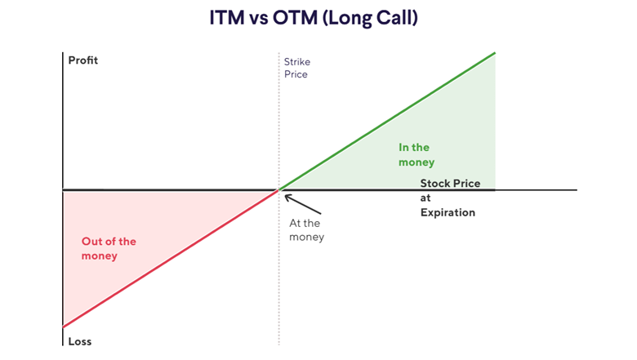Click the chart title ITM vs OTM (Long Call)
318,18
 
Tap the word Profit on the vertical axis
82,60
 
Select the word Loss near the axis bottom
79,342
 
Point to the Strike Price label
296,68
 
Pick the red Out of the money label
109,249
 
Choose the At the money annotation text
306,230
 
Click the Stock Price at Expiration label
449,198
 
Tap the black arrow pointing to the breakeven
299,202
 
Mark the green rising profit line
388,121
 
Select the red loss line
171,258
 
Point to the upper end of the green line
495,53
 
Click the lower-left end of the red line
64,327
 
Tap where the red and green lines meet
279,190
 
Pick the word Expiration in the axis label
448,212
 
